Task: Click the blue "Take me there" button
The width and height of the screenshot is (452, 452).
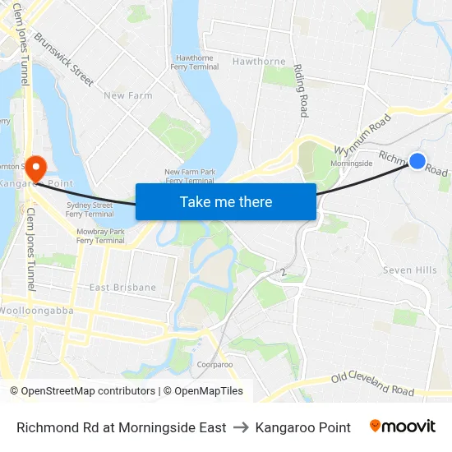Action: [226, 201]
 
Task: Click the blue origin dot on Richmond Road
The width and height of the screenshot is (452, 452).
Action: [417, 161]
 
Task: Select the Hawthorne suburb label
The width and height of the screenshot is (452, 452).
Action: [259, 61]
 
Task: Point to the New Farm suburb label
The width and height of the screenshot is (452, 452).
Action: [128, 95]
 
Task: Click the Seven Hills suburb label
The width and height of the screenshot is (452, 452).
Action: [409, 270]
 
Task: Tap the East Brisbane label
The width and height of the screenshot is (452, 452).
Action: [122, 288]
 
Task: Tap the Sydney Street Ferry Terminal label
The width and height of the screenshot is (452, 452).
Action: [89, 209]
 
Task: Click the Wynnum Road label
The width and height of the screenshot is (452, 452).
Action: [362, 136]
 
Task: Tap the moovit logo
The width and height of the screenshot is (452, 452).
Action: [403, 427]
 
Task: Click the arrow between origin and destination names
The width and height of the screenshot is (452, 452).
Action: [241, 427]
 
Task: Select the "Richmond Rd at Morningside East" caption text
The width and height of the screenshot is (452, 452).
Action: [122, 427]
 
